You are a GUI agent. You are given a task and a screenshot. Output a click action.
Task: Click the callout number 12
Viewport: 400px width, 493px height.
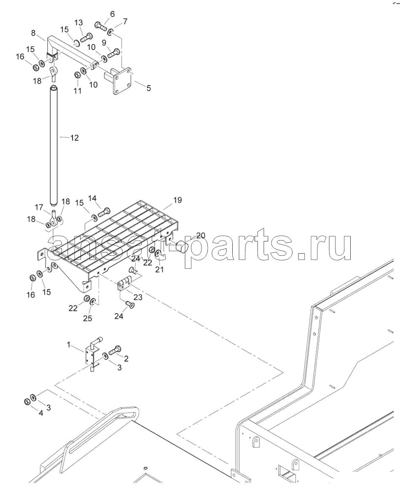pyautogui.click(x=74, y=138)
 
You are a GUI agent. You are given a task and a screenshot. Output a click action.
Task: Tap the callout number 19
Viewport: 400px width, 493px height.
pyautogui.click(x=177, y=200)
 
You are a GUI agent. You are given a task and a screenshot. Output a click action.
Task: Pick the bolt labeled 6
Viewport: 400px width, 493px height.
pyautogui.click(x=100, y=27)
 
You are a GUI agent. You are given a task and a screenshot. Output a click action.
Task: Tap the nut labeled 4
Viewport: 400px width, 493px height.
pyautogui.click(x=27, y=401)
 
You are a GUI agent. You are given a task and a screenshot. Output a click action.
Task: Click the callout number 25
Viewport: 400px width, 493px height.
pyautogui.click(x=87, y=319)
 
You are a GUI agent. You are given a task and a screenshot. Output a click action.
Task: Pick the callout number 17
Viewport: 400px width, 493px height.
pyautogui.click(x=39, y=207)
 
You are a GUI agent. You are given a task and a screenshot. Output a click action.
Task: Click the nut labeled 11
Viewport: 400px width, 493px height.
pyautogui.click(x=78, y=75)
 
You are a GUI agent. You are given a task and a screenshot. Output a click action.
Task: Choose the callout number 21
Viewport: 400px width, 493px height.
pyautogui.click(x=159, y=269)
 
